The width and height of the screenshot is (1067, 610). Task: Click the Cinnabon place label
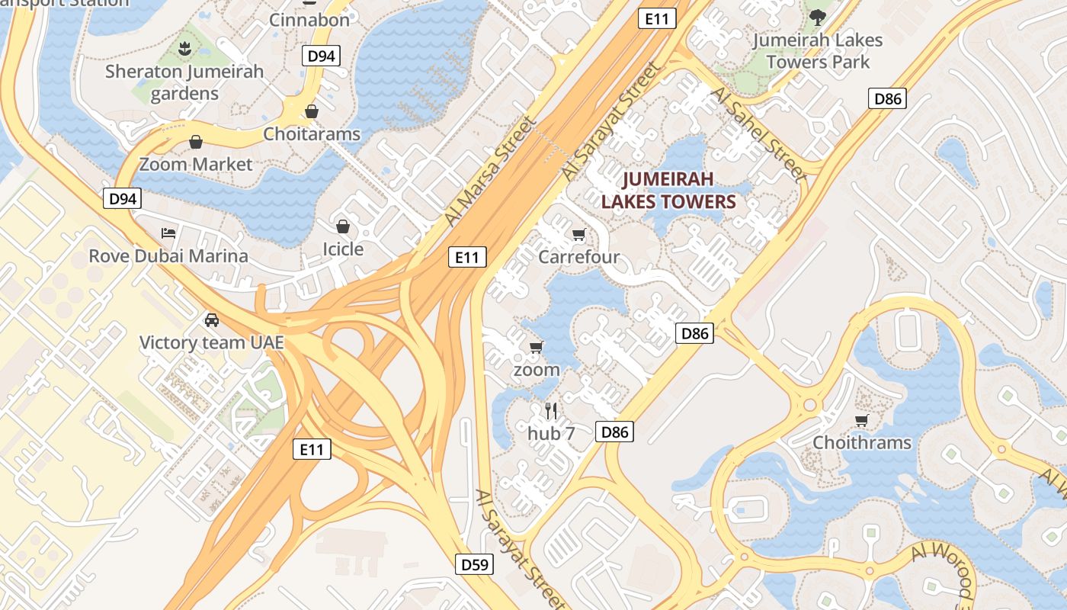tap(309, 20)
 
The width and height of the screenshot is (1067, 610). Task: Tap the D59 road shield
tap(476, 564)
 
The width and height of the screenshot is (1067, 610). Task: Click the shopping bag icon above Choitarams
tap(311, 112)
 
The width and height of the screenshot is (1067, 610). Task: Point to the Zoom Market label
tap(195, 164)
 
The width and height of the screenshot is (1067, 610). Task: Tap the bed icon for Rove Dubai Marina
tap(168, 233)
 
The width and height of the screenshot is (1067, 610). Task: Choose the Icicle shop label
tap(343, 249)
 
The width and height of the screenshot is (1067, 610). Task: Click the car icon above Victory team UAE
tap(211, 320)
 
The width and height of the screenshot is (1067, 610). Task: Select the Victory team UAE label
tap(211, 342)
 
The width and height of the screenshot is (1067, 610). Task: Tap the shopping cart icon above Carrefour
tap(578, 235)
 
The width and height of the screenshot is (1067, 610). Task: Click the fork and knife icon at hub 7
tap(551, 411)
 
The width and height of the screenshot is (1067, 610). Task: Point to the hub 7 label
tap(551, 433)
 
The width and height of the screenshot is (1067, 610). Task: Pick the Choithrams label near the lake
tap(861, 442)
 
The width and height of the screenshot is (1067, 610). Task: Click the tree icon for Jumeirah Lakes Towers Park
tap(817, 17)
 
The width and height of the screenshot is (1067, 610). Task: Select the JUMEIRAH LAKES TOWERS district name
tap(668, 191)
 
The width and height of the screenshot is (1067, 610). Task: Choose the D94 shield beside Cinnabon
tap(321, 56)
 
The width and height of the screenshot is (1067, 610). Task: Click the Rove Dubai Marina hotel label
tap(168, 255)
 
